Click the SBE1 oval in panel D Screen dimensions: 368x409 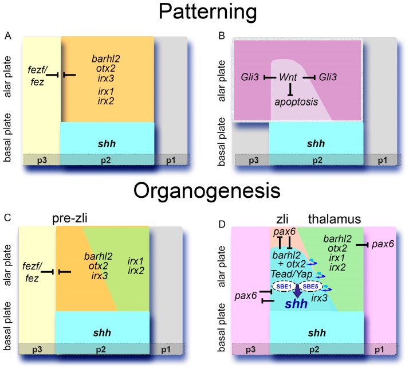click(282, 287)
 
